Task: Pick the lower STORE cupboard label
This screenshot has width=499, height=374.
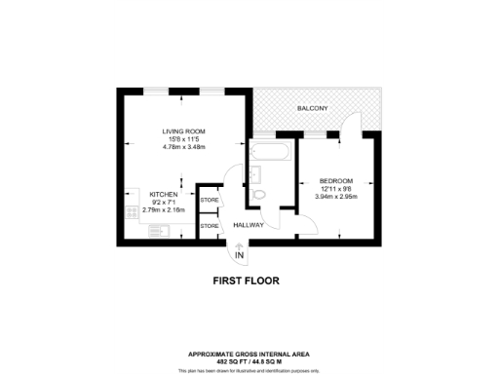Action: pyautogui.click(x=210, y=226)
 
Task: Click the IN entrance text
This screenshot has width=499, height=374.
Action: pyautogui.click(x=240, y=256)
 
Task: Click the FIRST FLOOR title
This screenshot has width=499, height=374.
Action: pyautogui.click(x=246, y=280)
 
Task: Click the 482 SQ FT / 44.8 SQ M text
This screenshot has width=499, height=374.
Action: pyautogui.click(x=249, y=359)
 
